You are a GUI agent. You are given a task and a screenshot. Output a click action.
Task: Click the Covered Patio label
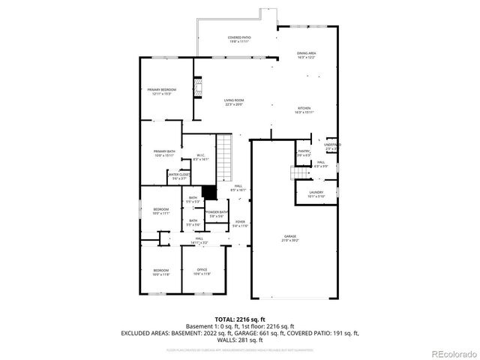239,38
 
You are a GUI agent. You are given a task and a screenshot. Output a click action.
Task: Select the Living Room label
235,102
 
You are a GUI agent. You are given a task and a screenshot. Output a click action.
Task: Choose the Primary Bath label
163,153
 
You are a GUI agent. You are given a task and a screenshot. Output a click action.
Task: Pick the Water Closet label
179,176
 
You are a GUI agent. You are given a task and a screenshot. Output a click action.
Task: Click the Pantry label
304,153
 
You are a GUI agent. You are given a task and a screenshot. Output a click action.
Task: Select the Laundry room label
316,193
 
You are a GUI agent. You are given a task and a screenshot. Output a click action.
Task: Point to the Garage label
289,238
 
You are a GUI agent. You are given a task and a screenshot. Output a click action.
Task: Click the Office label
202,271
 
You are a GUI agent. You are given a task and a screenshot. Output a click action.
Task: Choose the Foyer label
240,223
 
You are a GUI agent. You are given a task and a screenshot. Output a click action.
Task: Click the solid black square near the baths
209,192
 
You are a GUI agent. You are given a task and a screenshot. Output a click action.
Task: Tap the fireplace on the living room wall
199,89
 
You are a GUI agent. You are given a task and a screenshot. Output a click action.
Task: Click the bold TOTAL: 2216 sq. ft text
239,319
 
